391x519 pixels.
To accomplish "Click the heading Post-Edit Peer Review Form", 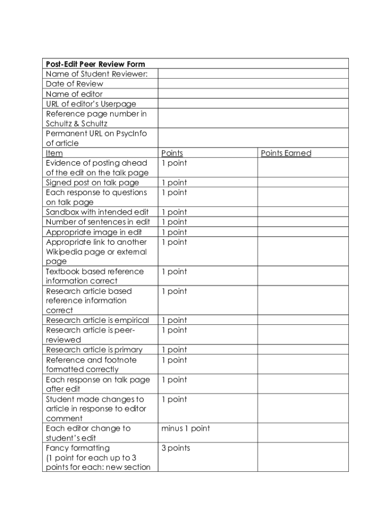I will click(95, 64).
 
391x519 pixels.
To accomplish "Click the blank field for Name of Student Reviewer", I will click(253, 74).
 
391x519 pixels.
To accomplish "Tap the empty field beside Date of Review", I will click(253, 84).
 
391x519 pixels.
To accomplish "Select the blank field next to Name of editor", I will click(253, 94).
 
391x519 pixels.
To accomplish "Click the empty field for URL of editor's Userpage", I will click(253, 104).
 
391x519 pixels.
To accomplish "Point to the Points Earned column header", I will click(286, 153).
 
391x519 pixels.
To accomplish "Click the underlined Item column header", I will click(54, 153).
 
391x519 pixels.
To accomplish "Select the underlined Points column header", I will click(172, 153).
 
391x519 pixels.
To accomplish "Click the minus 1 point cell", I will click(185, 429).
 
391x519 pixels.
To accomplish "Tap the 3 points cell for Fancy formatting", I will click(176, 448).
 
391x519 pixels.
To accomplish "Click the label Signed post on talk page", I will click(92, 182).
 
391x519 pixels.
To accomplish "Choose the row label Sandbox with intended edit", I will click(97, 212).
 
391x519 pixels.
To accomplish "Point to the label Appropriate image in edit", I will click(94, 232).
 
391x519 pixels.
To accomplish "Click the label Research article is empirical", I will click(97, 320).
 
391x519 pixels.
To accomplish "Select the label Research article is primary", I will click(94, 350).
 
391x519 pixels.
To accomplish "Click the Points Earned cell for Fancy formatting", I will click(303, 457).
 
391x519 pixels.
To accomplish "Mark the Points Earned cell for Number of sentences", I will click(303, 222).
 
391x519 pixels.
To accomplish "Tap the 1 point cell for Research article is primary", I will click(174, 350).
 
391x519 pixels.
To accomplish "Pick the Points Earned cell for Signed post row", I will click(303, 182).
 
